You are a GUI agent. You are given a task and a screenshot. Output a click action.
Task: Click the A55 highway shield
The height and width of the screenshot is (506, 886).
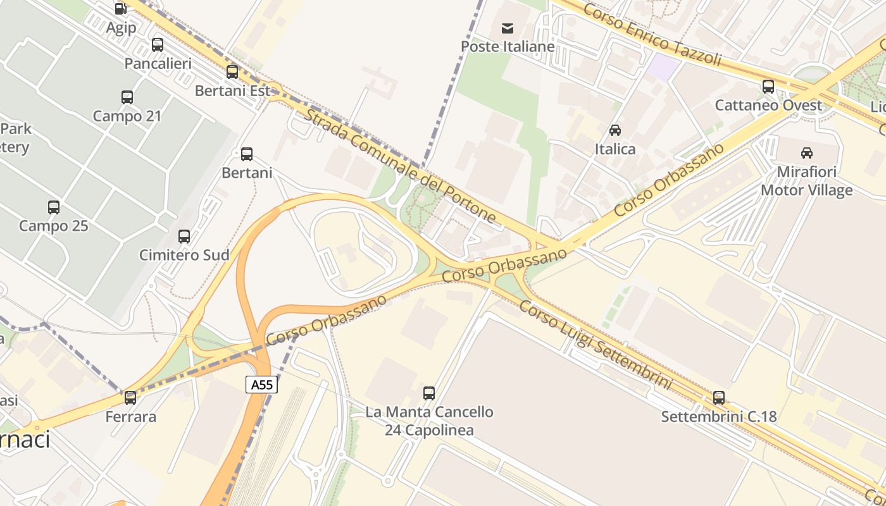point(261,384)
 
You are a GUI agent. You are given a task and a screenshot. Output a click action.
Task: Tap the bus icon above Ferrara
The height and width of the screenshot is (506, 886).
point(130,398)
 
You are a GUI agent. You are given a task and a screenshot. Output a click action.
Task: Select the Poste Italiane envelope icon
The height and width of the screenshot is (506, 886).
point(508,28)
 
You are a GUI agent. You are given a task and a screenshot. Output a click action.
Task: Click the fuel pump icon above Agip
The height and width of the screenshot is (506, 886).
point(120,9)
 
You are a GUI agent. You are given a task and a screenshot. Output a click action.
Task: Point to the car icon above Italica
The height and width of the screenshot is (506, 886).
point(615,130)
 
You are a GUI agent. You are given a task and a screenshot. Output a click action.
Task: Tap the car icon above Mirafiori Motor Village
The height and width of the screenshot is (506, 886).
point(807,152)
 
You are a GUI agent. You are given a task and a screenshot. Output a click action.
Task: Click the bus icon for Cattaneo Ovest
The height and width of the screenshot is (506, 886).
point(768,87)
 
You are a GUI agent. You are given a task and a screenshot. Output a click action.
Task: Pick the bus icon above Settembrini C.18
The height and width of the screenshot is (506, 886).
point(719,398)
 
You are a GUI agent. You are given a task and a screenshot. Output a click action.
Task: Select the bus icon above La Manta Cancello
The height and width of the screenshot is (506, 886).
point(429,393)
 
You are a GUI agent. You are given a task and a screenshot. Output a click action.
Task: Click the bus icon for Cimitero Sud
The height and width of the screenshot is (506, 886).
point(184,237)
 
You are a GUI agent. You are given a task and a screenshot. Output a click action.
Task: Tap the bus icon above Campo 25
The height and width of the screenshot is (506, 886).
point(54,207)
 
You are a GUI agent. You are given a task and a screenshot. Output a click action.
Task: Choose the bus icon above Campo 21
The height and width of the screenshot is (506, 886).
point(127,97)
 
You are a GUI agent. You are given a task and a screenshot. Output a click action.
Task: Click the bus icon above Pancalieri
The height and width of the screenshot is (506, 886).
point(158,45)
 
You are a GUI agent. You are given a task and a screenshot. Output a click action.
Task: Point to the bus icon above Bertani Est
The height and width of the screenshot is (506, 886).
point(232,72)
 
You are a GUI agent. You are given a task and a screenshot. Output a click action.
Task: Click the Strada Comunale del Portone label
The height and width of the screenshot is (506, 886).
point(400,166)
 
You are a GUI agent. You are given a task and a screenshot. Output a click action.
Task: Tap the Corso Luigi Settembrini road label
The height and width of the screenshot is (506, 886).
point(595,345)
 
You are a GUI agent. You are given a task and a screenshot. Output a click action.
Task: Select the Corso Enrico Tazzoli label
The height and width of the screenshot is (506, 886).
point(652,35)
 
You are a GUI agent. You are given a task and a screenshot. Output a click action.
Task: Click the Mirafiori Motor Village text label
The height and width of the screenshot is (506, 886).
point(807,181)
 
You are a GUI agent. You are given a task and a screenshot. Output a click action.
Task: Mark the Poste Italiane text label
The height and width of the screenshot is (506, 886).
point(508,46)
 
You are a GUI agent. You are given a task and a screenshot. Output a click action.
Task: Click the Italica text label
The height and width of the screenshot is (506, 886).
point(615,149)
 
